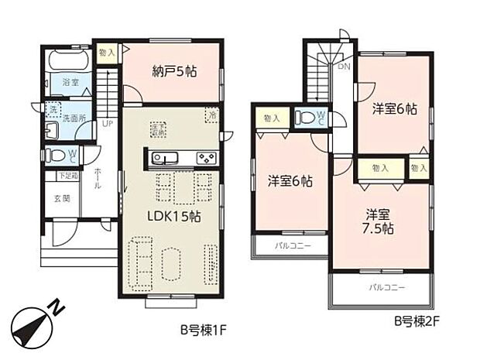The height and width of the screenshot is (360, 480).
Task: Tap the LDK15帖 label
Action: pyautogui.click(x=175, y=217)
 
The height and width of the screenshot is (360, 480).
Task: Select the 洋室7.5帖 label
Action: pyautogui.click(x=379, y=221)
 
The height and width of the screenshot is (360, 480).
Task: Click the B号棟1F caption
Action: pyautogui.click(x=202, y=328)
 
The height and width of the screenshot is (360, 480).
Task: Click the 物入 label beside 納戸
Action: pyautogui.click(x=108, y=53)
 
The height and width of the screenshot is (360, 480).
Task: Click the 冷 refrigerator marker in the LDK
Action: pyautogui.click(x=212, y=115)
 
